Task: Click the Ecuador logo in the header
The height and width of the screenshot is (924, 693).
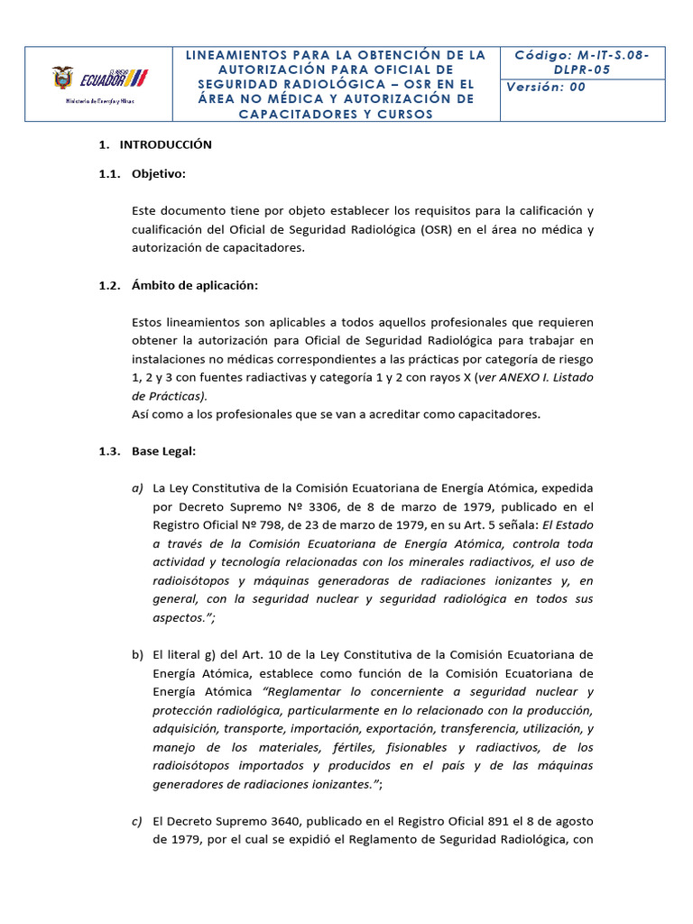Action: pos(100,79)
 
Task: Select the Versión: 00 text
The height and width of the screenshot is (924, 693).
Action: pos(546,87)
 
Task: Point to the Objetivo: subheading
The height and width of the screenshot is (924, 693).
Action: pos(159,173)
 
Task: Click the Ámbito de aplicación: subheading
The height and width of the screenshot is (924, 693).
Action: pos(195,285)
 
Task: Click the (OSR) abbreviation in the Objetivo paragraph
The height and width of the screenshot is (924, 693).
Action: pos(434,229)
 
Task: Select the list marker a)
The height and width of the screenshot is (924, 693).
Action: pos(137,488)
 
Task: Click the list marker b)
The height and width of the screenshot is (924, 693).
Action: pos(137,654)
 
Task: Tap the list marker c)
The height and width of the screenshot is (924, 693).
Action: pos(137,821)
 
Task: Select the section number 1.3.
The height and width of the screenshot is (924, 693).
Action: pos(108,451)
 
